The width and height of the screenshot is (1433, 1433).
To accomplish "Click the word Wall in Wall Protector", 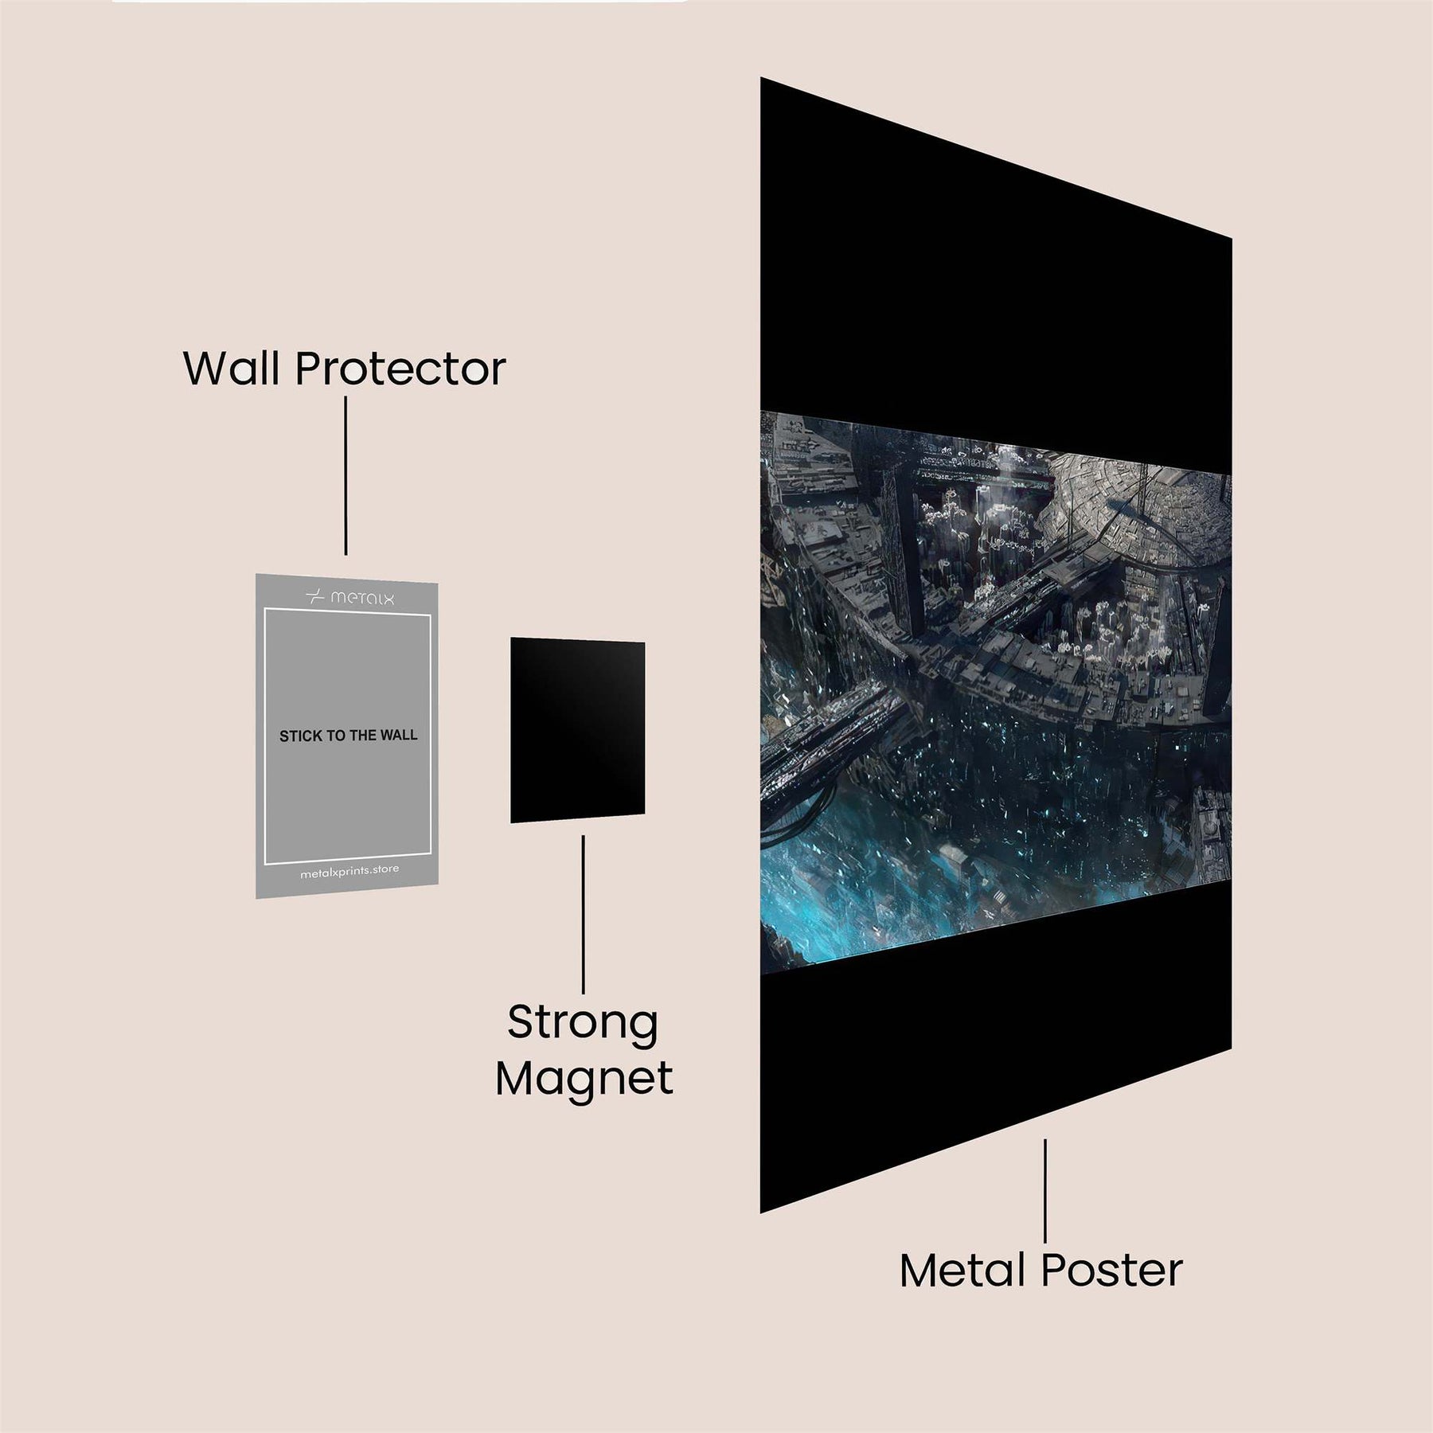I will point(233,369).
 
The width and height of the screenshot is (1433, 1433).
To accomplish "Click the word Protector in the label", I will point(400,369).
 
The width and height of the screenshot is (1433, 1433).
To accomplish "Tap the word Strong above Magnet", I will point(583,1023).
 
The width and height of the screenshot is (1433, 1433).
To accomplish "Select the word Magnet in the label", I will point(584,1079).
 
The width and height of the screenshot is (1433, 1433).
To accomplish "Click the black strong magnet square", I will point(577,729).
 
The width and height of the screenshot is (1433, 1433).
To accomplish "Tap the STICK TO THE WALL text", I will point(348,736).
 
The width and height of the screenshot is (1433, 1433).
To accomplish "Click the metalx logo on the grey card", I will point(350,597).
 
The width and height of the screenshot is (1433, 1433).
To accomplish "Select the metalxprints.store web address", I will point(349,873).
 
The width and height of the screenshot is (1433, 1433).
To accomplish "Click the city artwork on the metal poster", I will point(995,637).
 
